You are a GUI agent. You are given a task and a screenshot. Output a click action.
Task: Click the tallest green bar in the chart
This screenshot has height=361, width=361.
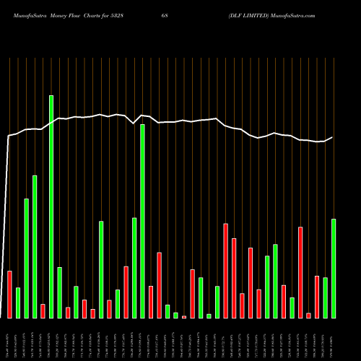(51, 206)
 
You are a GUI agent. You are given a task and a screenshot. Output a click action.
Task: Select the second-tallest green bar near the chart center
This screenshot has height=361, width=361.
(142, 221)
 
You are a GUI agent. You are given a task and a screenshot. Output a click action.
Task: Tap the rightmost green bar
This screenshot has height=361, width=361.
(334, 268)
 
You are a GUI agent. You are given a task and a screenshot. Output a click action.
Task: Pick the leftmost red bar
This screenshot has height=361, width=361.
(10, 294)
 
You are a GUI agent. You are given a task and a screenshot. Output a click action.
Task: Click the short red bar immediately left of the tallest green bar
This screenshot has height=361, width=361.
(43, 310)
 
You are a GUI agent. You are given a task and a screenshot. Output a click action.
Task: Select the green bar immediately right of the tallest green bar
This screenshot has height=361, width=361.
(59, 292)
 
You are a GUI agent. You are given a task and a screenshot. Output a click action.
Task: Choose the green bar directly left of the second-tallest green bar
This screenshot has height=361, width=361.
(134, 267)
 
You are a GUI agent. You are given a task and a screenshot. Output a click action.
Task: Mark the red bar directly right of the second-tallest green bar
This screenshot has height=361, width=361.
(151, 302)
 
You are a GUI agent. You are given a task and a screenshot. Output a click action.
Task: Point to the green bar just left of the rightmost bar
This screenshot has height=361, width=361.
(326, 297)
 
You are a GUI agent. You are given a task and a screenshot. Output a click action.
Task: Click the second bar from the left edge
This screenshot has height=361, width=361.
(18, 303)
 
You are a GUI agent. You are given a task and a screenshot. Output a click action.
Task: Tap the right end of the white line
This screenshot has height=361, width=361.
(332, 138)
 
